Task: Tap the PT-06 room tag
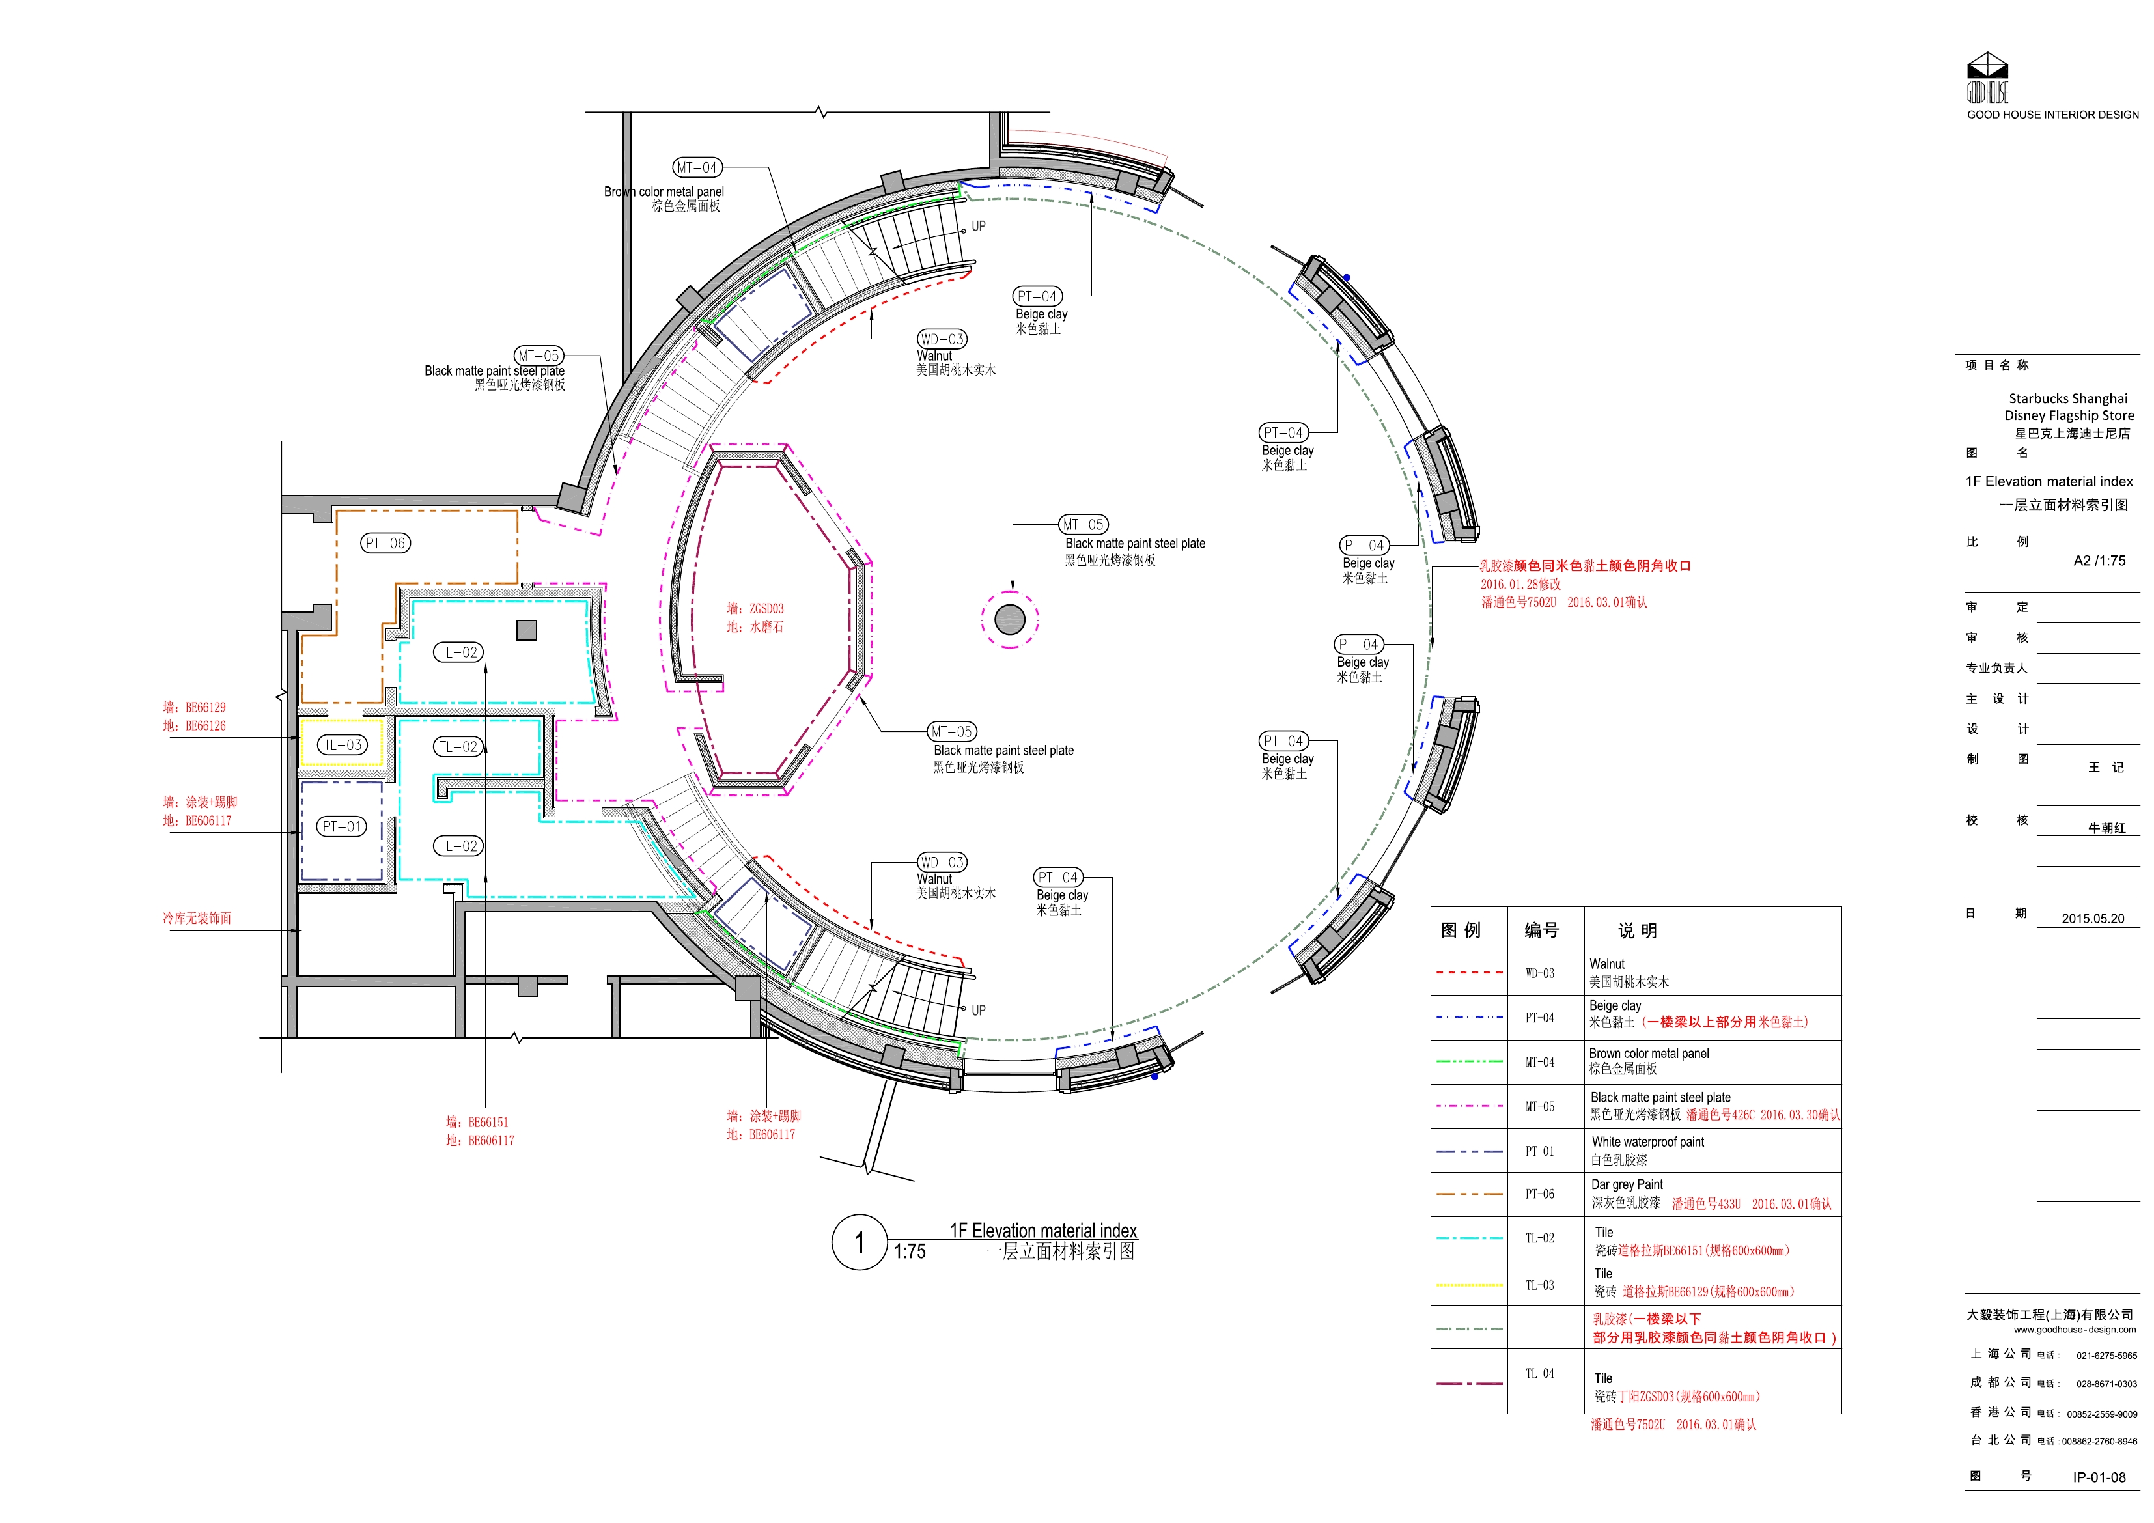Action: click(385, 543)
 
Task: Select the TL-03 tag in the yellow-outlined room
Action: click(343, 745)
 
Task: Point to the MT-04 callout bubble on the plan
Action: click(697, 168)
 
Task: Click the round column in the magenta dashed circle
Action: click(1009, 619)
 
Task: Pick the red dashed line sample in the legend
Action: click(1469, 973)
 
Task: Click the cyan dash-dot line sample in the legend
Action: click(1469, 1238)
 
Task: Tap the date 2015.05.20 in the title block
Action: click(2093, 919)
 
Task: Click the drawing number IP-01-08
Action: click(2099, 1477)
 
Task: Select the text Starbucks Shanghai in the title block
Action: click(2067, 398)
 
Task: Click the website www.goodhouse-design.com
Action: click(2075, 1330)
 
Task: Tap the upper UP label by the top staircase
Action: click(979, 226)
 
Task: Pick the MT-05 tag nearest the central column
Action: click(1084, 525)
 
